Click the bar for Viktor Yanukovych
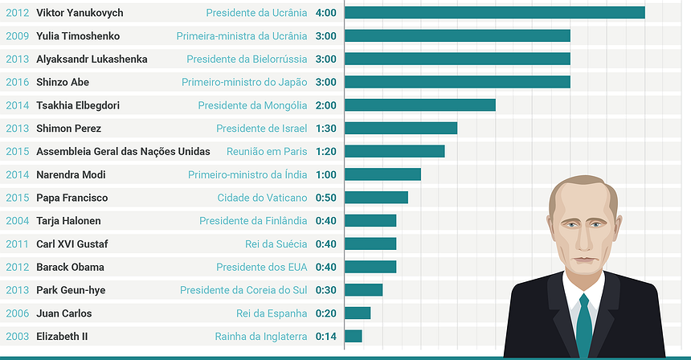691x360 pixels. pos(494,13)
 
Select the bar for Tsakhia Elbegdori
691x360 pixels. pos(419,105)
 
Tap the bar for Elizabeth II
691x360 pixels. pos(353,337)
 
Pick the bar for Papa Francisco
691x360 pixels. pos(376,198)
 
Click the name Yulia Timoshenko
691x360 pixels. pos(78,36)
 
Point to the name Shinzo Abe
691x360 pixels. pos(63,82)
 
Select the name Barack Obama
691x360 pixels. pos(70,267)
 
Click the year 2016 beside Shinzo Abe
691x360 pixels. pos(17,82)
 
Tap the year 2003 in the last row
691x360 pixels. pos(17,337)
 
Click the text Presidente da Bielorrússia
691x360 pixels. pos(247,59)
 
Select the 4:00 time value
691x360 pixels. pos(326,13)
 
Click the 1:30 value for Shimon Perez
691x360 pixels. pos(326,129)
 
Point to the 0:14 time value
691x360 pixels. pos(326,337)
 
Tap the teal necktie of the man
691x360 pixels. pos(584,321)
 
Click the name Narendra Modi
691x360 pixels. pos(72,174)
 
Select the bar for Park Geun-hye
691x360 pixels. pos(363,290)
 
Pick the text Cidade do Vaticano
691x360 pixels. pos(262,198)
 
